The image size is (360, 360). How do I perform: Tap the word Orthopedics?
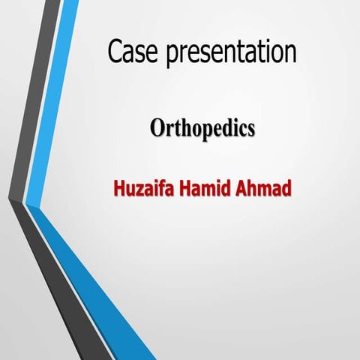click(x=202, y=128)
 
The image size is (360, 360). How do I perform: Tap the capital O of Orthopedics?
click(x=157, y=128)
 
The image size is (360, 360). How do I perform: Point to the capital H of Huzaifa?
click(x=118, y=187)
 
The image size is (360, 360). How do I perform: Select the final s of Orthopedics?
click(x=250, y=130)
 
